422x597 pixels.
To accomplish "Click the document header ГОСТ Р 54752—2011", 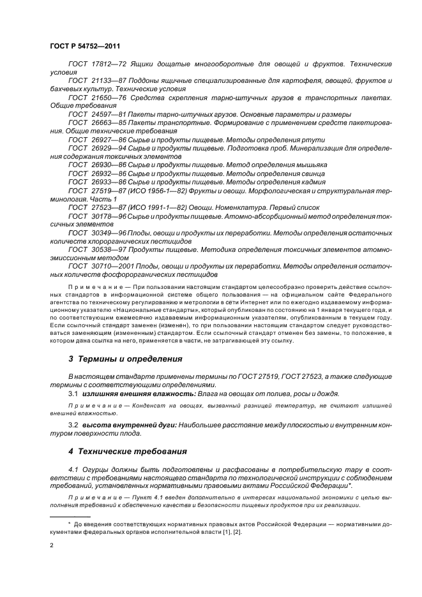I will [85, 47].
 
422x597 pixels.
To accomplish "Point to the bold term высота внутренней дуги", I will [128, 424].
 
